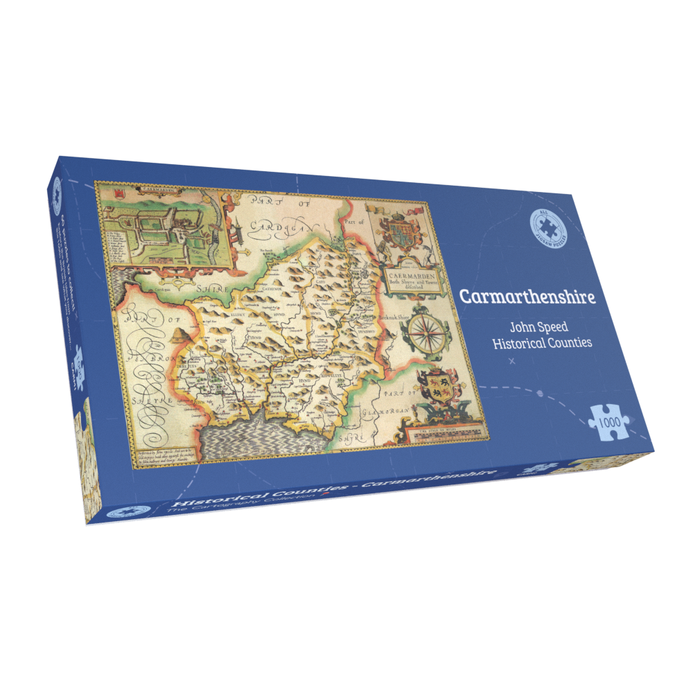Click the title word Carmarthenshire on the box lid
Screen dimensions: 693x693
pos(526,297)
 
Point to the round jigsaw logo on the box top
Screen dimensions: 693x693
pos(549,222)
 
